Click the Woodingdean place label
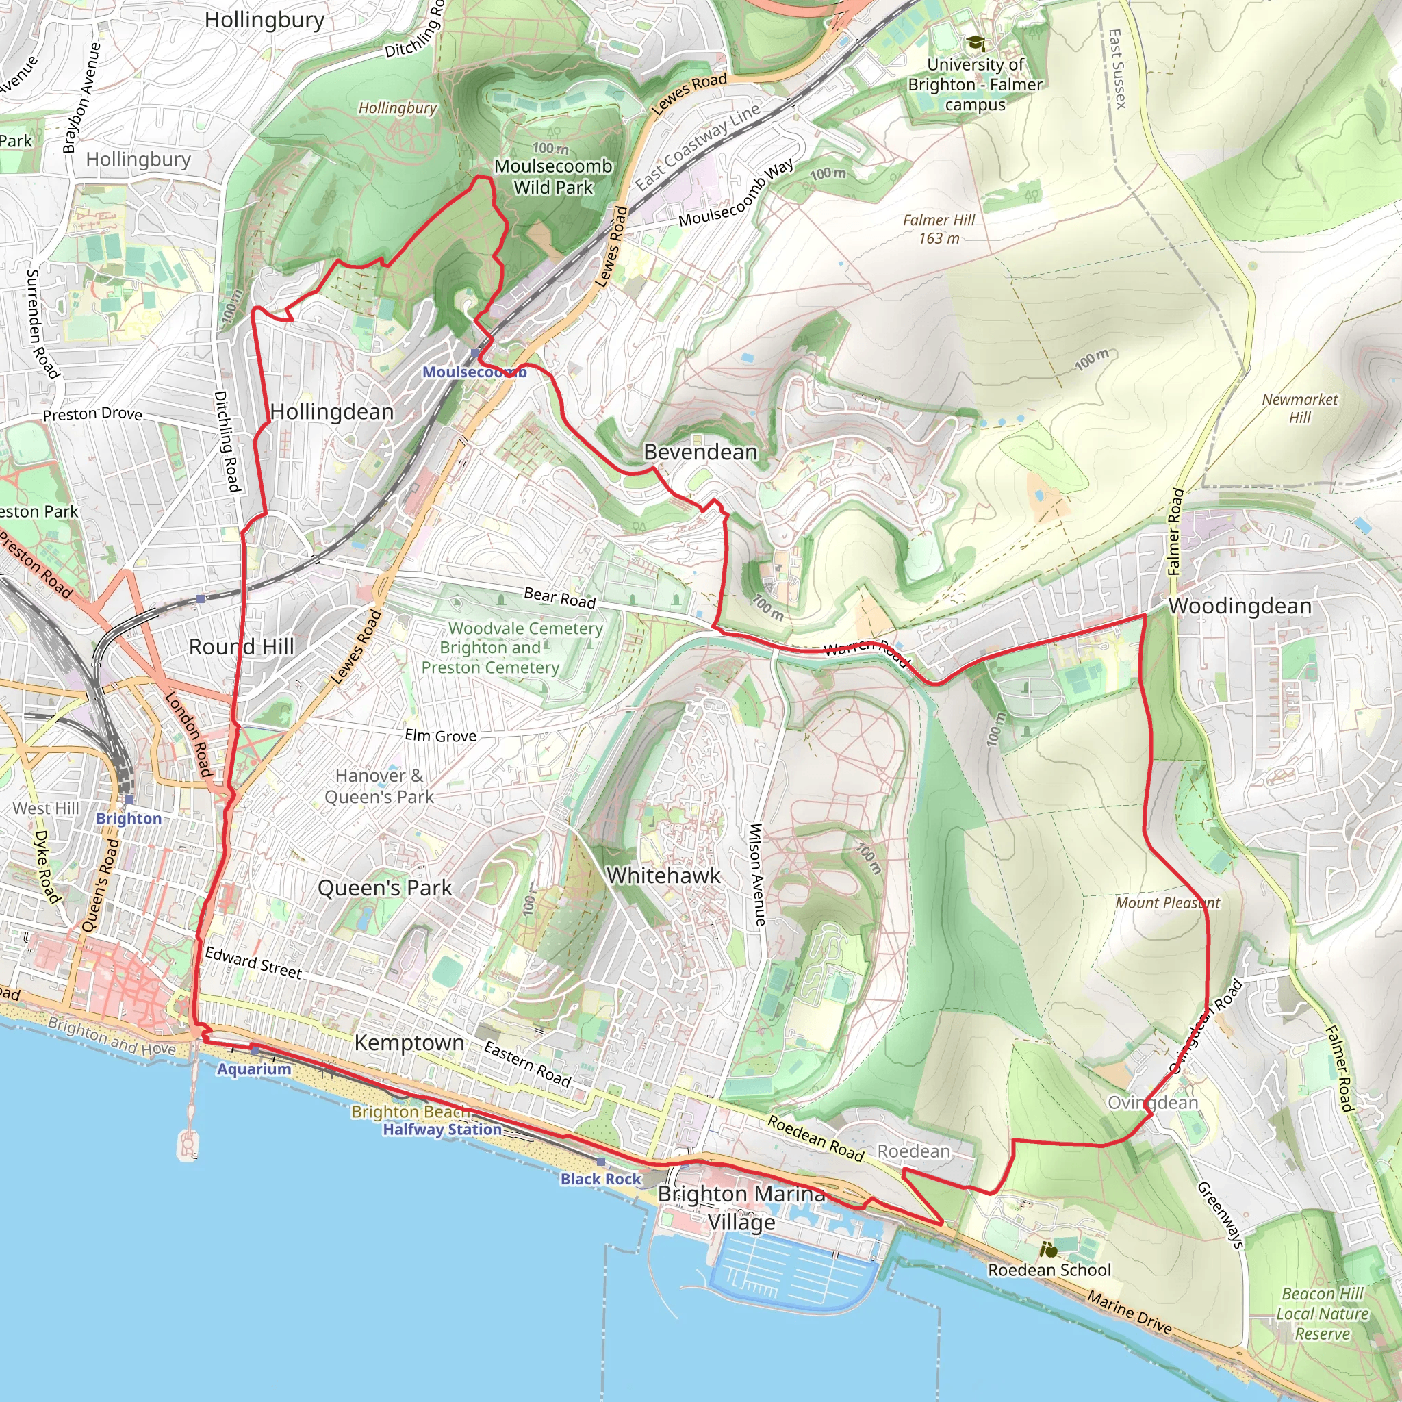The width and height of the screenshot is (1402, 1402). click(x=1240, y=606)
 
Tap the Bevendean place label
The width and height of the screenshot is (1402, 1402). click(x=700, y=452)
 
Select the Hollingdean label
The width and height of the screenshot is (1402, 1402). click(x=331, y=411)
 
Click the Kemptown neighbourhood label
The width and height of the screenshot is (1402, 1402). click(x=409, y=1043)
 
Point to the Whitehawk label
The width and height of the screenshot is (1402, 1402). click(x=663, y=875)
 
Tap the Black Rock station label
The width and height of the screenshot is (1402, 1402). click(x=601, y=1180)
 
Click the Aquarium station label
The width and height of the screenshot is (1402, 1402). click(x=254, y=1069)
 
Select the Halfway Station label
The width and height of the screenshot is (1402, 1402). click(x=442, y=1129)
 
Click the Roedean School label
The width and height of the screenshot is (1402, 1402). click(x=1049, y=1270)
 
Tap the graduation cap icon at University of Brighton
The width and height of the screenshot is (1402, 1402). click(x=976, y=44)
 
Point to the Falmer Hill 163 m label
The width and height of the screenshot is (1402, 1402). click(x=939, y=229)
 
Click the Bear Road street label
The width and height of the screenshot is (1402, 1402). click(x=559, y=597)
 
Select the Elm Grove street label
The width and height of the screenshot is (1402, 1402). click(x=440, y=736)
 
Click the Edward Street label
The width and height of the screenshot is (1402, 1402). click(x=253, y=963)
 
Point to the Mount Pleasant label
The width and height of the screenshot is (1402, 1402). click(x=1167, y=903)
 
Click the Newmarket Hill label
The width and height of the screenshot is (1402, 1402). click(x=1299, y=408)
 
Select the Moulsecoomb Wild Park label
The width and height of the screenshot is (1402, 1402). click(x=553, y=177)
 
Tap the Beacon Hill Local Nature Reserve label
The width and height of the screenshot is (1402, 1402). click(x=1322, y=1314)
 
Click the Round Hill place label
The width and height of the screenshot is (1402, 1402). click(x=241, y=646)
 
